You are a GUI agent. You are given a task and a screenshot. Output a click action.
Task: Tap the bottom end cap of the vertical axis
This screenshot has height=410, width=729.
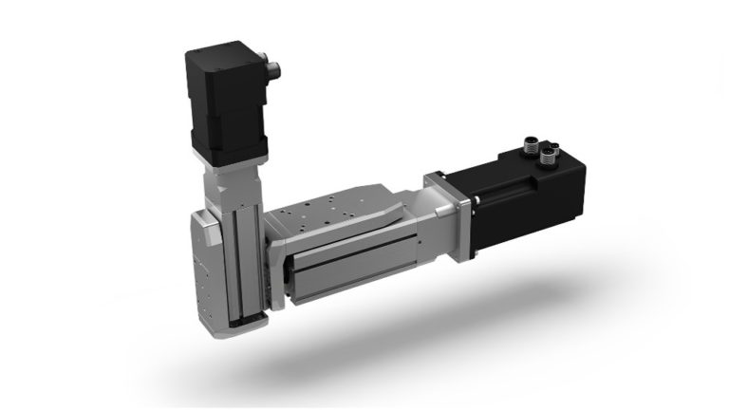(234, 327)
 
